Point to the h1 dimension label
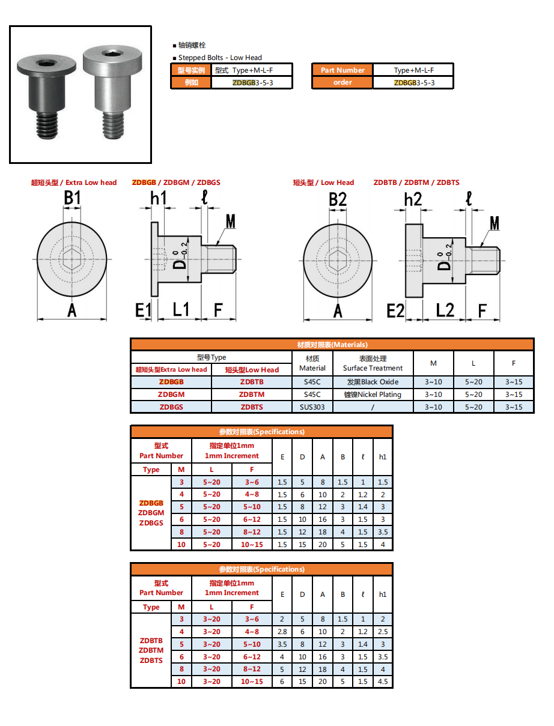(159, 198)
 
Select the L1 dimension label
(181, 309)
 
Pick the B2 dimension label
(338, 199)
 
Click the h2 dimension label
(413, 199)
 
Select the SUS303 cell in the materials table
(312, 407)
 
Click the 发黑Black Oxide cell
(373, 382)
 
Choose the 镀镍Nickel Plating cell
(373, 395)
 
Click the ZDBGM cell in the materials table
(171, 395)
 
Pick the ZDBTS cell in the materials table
(252, 407)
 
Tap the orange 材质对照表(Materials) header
(332, 345)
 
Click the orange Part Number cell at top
(342, 70)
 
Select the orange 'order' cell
(342, 82)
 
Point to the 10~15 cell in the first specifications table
(252, 545)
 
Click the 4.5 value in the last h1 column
(383, 682)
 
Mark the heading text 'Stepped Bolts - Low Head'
(220, 58)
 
